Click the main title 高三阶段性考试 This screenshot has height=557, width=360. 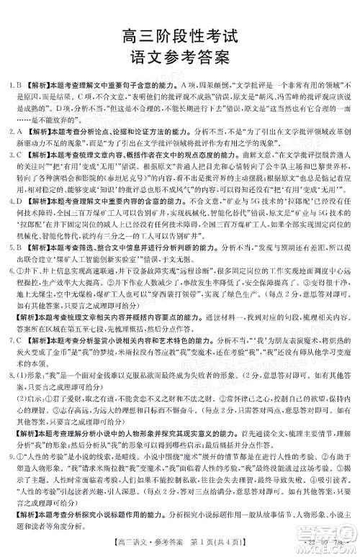181,32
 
